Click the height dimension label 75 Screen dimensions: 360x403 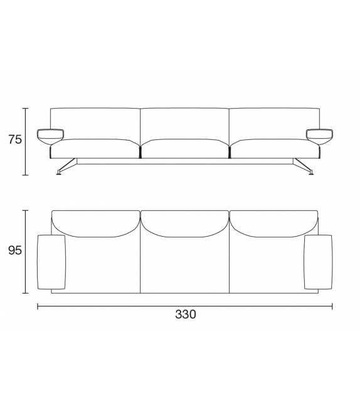[15, 139]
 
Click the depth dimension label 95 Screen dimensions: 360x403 [15, 250]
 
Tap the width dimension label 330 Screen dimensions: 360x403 [186, 314]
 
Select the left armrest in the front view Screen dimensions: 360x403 [51, 136]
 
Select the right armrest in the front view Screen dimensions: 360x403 [320, 136]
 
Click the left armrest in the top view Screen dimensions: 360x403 [51, 262]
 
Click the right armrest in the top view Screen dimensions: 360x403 [318, 262]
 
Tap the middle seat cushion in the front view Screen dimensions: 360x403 [184, 149]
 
